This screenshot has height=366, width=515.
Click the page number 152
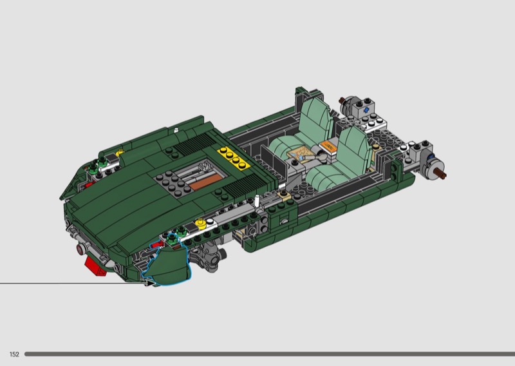(14, 354)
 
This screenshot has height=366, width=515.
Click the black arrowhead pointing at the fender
(150, 283)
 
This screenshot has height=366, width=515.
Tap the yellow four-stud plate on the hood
(232, 159)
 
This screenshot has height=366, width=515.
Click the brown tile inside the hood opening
(206, 182)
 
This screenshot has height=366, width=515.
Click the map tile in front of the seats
(299, 153)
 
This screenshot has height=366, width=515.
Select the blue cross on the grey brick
(366, 110)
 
